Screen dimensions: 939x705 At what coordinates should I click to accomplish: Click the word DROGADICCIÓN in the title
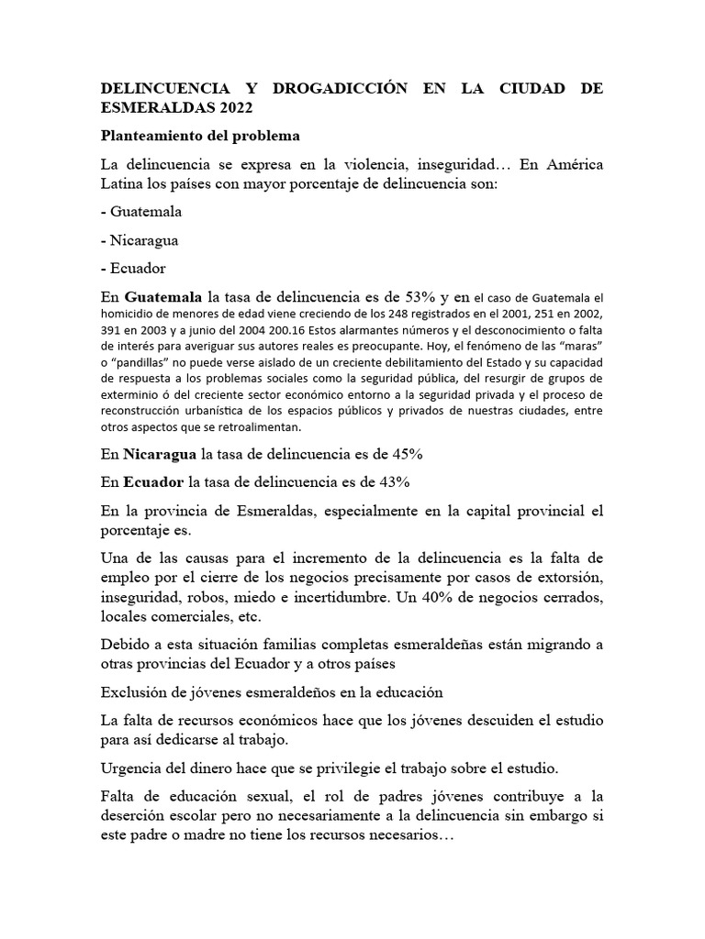click(x=308, y=88)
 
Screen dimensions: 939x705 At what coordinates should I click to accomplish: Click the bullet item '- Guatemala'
click(x=141, y=211)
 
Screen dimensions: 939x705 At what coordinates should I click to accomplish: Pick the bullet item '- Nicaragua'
click(x=140, y=240)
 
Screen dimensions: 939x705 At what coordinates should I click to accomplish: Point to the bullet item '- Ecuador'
click(x=133, y=270)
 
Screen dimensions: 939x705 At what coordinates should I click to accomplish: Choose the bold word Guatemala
click(x=164, y=297)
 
